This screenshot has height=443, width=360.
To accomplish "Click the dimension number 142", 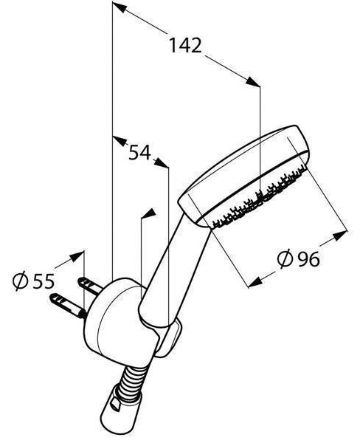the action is pos(185,46).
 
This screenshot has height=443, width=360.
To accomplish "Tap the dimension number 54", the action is pos(139,153).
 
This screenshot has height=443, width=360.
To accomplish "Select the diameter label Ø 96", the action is pos(299,258).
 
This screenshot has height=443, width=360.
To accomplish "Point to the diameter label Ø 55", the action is pos(34,281).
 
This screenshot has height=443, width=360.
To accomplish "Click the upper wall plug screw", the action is pos(90,286).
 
